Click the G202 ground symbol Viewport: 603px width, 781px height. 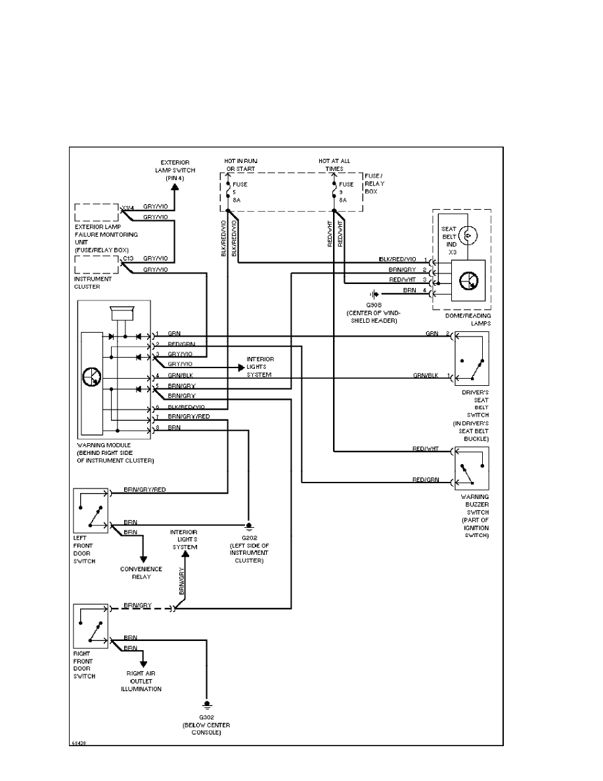pos(248,526)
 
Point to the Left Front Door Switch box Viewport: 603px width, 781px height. pos(92,510)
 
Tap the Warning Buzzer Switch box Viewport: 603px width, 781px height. pos(471,468)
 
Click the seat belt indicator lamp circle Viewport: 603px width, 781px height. pos(468,233)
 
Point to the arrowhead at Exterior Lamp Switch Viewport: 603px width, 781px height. pos(175,187)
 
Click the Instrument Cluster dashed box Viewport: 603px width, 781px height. pos(97,265)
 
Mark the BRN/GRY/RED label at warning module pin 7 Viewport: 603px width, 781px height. pos(189,417)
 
